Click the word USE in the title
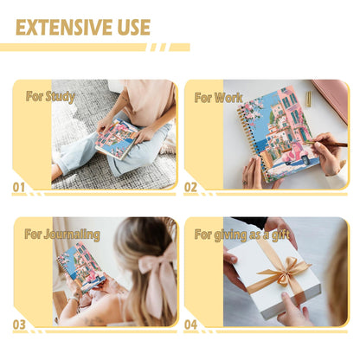coord(134,28)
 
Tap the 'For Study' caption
coord(50,97)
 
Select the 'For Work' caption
coord(218,98)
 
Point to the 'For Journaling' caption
coord(62,235)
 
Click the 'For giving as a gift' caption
coord(242,235)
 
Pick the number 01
coord(19,188)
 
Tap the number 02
coord(190,188)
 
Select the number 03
coord(19,325)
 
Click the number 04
coord(190,325)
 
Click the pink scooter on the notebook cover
coord(297,156)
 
